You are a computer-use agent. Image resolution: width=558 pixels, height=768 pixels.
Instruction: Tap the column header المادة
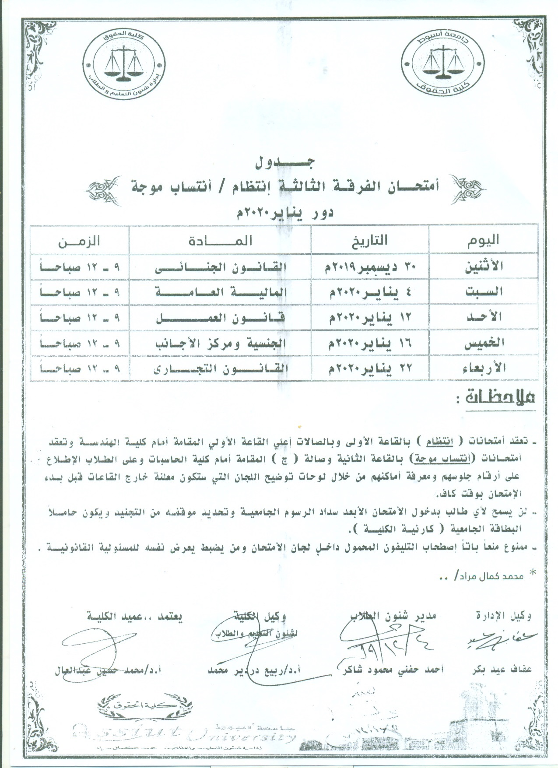click(220, 240)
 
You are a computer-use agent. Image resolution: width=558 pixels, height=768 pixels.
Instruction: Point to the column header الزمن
click(79, 240)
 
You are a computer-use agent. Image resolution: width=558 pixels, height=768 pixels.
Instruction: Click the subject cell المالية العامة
click(220, 292)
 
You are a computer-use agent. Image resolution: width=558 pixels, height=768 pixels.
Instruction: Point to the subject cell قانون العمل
click(220, 317)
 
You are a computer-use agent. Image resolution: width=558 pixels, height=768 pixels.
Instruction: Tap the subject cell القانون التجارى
click(220, 368)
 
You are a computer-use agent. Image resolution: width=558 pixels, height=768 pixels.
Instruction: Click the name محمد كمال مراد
click(489, 576)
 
